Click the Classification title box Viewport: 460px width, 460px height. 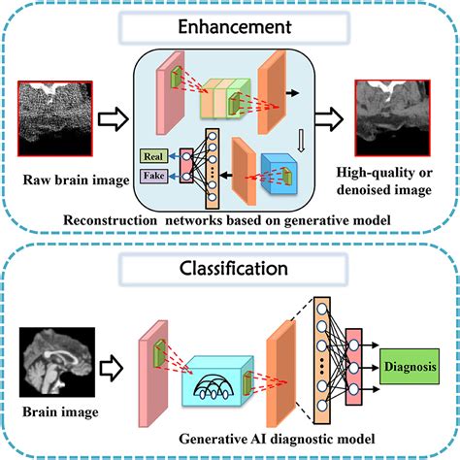click(230, 263)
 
